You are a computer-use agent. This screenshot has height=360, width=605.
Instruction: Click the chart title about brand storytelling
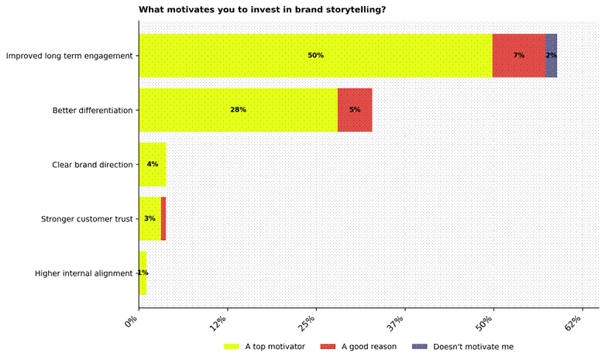point(263,9)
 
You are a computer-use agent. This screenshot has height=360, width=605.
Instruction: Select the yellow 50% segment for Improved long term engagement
point(315,56)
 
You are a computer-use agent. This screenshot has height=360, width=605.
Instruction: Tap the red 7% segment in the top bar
point(518,56)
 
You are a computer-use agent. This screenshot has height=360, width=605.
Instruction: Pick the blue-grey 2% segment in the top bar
point(551,56)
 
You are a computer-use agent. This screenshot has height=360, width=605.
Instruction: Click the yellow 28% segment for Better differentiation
point(238,110)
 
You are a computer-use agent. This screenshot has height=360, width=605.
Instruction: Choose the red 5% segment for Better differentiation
point(355,110)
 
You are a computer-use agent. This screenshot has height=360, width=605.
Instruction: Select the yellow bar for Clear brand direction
point(153,164)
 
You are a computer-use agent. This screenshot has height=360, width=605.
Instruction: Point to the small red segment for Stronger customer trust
point(163,218)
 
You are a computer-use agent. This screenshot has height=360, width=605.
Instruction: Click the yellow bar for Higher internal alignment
point(143,273)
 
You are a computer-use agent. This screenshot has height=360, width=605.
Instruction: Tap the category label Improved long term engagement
point(69,56)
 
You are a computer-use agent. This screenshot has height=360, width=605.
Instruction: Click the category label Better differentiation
point(92,110)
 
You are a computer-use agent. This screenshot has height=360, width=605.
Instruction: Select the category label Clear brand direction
point(92,164)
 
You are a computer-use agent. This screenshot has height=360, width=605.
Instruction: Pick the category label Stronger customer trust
point(87,218)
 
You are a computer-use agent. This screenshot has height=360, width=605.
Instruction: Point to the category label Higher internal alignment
point(84,273)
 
